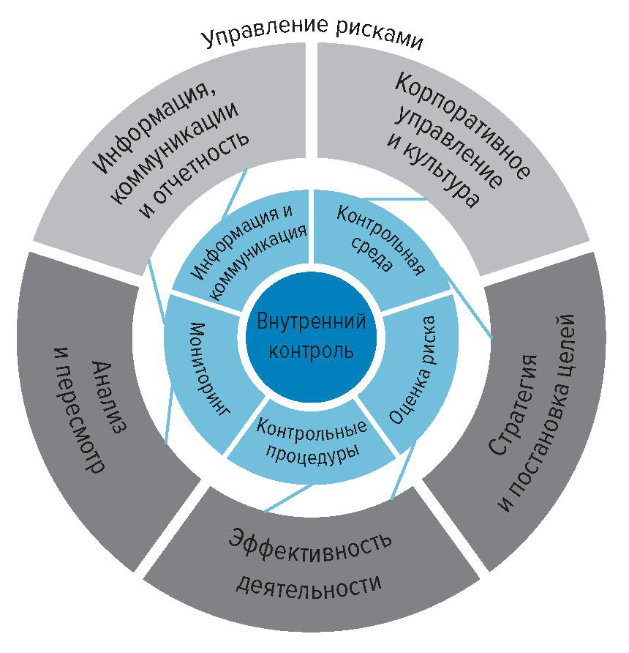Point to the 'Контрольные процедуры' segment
[310, 439]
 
